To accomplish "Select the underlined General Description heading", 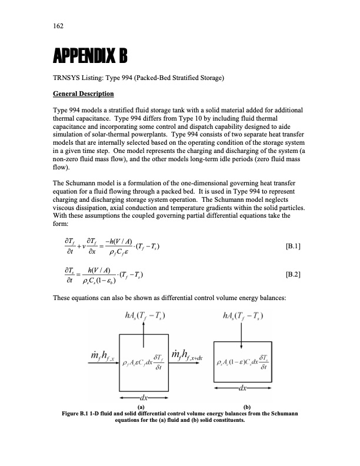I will pos(82,94).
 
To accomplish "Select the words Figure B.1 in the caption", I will pos(76,412).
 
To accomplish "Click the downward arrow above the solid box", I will pos(242,333).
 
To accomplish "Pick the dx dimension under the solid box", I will pos(242,390).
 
